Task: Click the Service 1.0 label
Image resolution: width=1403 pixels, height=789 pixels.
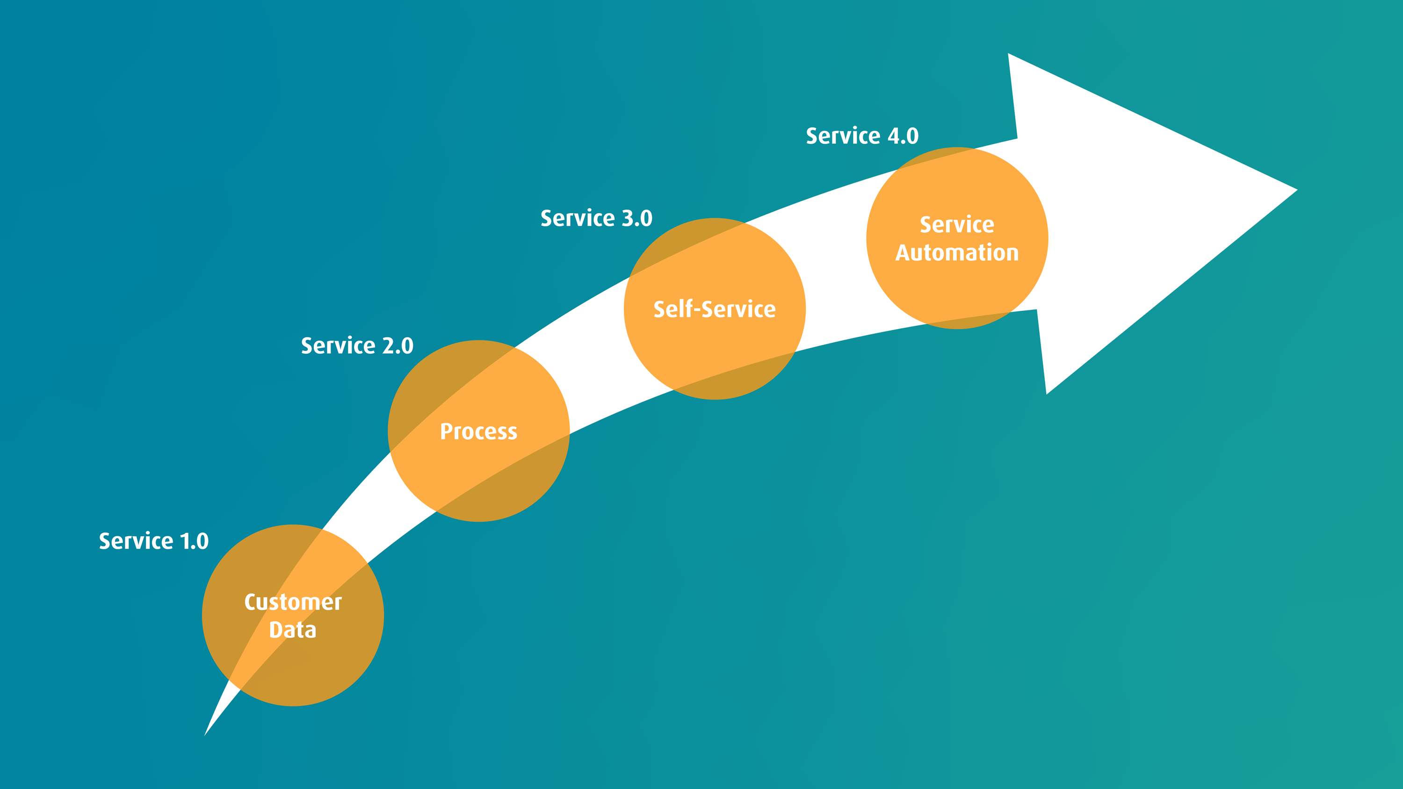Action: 153,541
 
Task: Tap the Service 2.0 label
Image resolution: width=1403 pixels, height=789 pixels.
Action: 357,346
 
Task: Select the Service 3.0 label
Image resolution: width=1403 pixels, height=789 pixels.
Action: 596,218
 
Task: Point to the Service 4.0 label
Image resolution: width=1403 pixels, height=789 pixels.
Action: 862,136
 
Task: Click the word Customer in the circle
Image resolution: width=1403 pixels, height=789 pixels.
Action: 293,602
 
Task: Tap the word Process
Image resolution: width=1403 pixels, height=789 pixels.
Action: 479,432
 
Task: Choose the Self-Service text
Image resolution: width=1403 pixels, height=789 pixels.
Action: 715,309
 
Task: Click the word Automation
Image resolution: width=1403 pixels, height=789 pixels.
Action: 957,253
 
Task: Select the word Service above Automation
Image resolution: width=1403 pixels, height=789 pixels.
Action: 957,225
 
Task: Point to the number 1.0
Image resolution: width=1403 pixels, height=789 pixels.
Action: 195,541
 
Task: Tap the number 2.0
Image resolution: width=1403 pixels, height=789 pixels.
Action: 398,346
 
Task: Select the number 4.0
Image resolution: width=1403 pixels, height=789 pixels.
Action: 903,136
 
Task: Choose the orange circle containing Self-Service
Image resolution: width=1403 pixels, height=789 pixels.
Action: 715,359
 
